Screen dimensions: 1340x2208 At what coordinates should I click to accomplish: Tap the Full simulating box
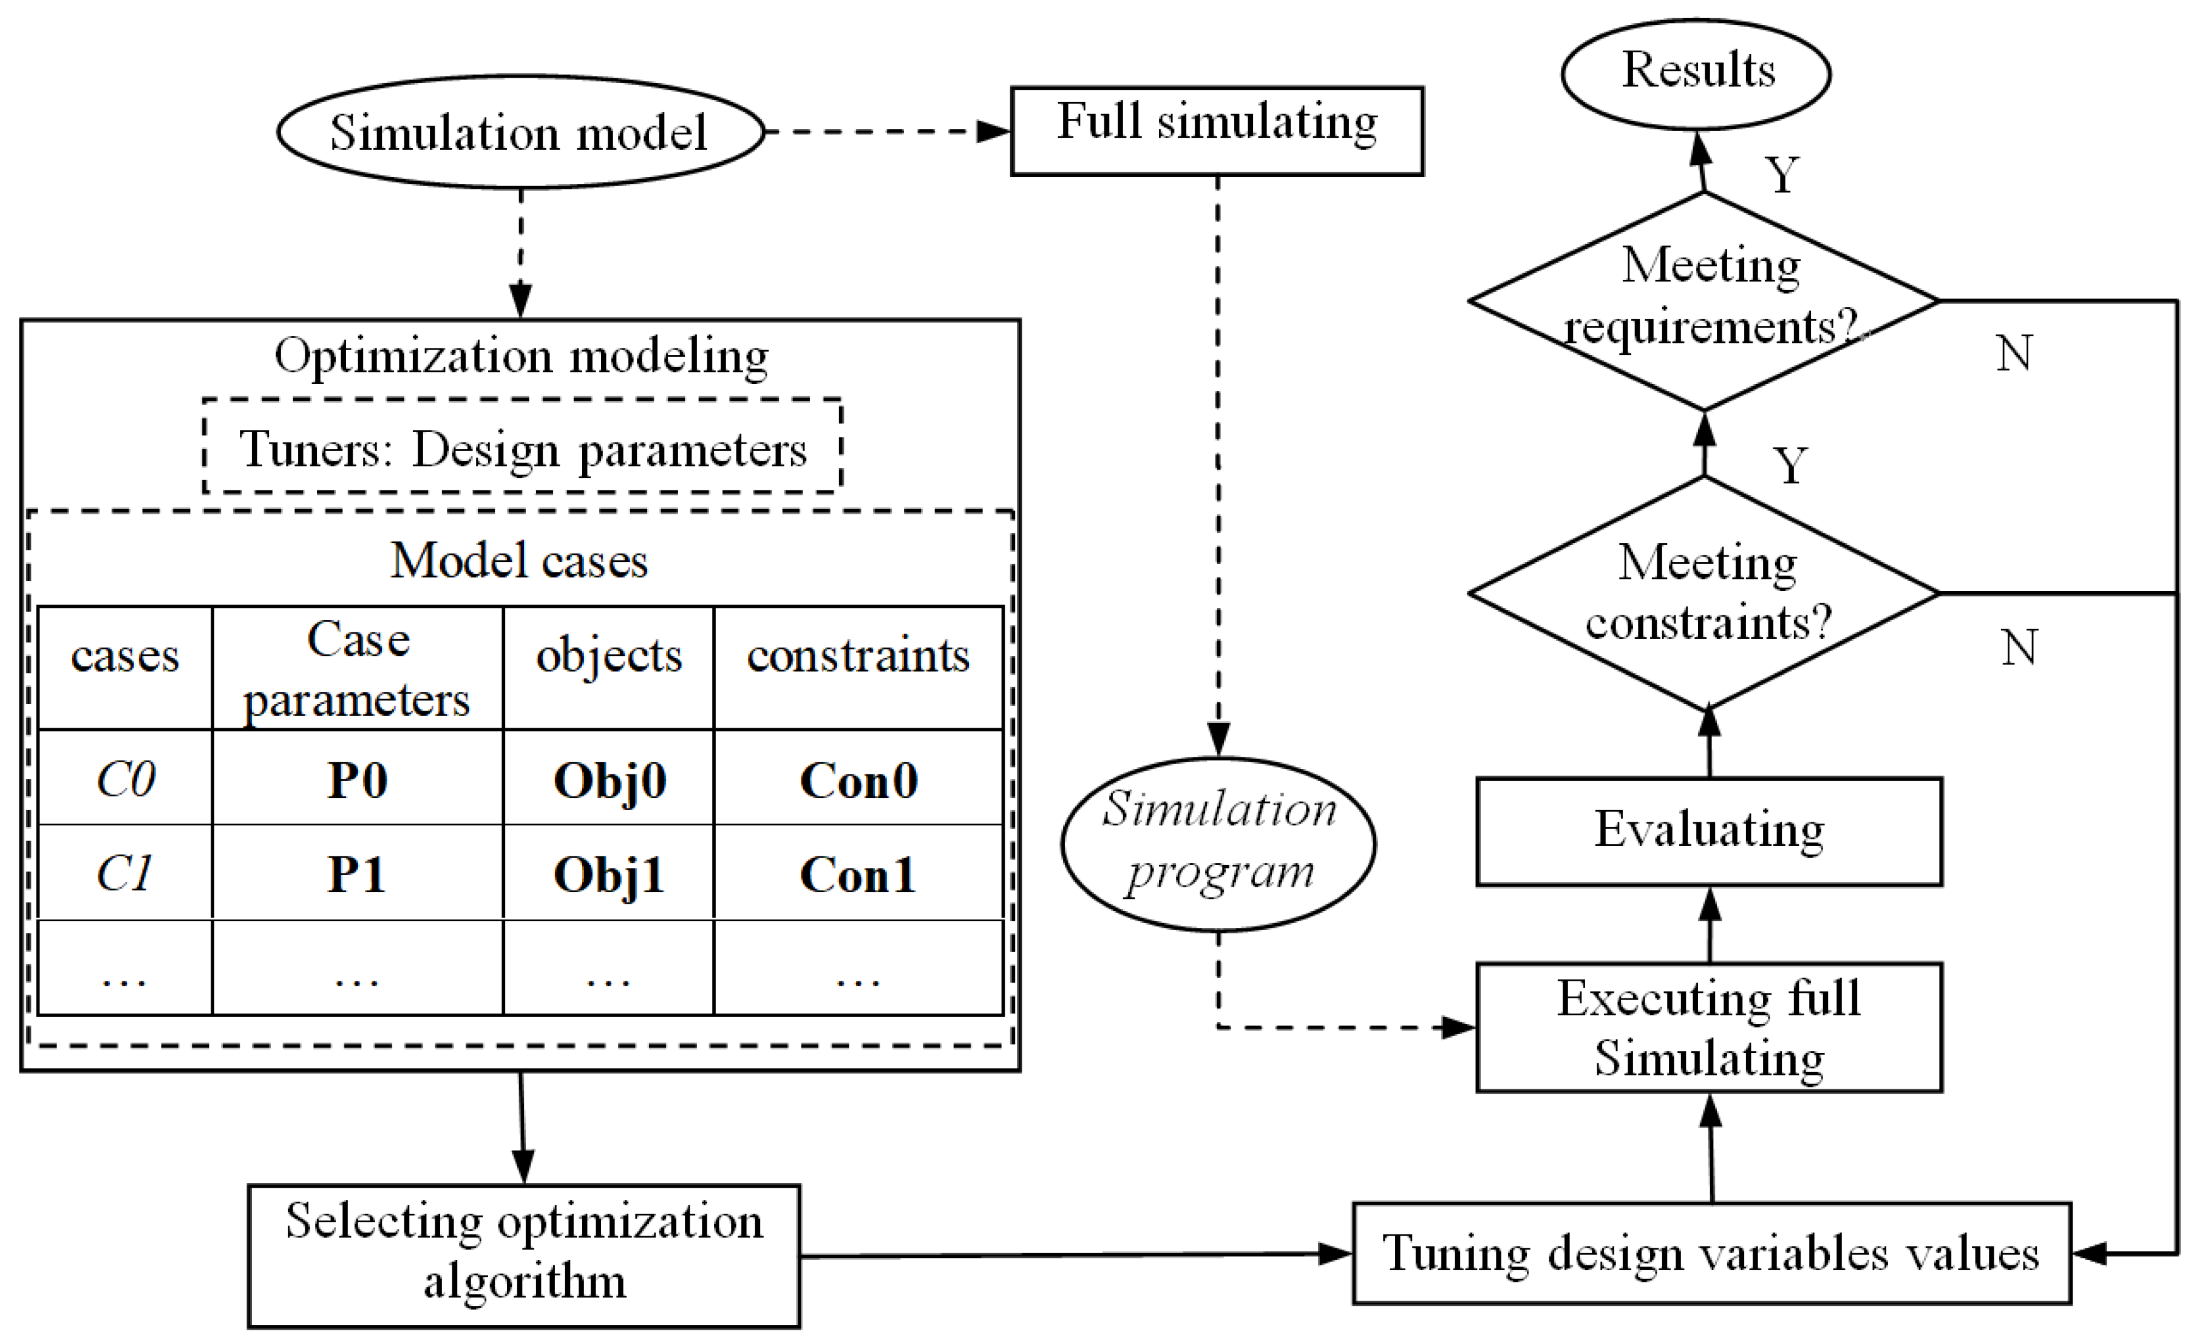tap(1217, 130)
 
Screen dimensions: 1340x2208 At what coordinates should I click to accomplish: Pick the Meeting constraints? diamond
tap(1704, 592)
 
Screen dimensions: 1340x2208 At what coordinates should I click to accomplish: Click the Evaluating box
tap(1709, 831)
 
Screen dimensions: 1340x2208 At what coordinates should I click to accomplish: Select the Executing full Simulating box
tap(1709, 1027)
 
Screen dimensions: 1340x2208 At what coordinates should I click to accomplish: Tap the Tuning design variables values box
tap(1711, 1253)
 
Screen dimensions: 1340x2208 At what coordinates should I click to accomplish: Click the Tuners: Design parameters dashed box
tap(523, 447)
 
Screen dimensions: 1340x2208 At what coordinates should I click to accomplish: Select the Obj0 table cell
tap(610, 779)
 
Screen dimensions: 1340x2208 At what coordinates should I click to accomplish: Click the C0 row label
tap(126, 779)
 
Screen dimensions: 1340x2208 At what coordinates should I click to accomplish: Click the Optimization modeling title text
tap(521, 356)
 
